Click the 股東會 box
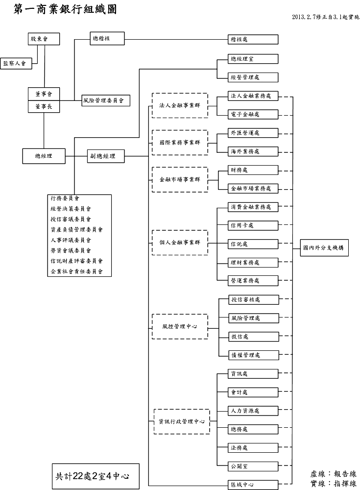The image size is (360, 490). pyautogui.click(x=44, y=38)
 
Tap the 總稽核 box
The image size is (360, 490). pyautogui.click(x=107, y=38)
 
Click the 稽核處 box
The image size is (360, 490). pyautogui.click(x=253, y=39)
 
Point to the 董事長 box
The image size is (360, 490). pyautogui.click(x=44, y=106)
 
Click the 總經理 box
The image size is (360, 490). pyautogui.click(x=44, y=156)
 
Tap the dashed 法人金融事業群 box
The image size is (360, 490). pyautogui.click(x=179, y=105)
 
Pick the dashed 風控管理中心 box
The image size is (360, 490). pyautogui.click(x=179, y=326)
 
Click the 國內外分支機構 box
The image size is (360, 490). pyautogui.click(x=324, y=248)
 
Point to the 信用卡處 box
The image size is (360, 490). pyautogui.click(x=253, y=225)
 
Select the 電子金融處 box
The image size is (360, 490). pyautogui.click(x=253, y=114)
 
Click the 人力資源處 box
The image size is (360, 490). pyautogui.click(x=253, y=410)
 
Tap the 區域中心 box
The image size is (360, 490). pyautogui.click(x=253, y=485)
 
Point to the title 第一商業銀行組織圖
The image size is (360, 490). pyautogui.click(x=67, y=9)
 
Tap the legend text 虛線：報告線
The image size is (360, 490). pyautogui.click(x=333, y=474)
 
